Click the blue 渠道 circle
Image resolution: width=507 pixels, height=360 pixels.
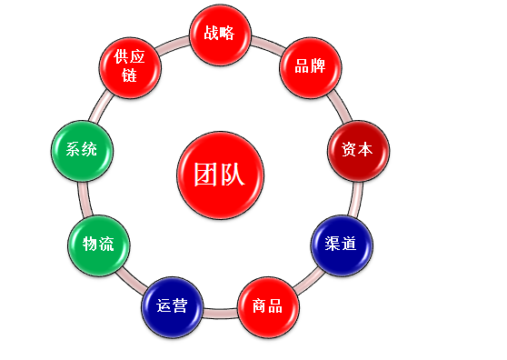[341, 243]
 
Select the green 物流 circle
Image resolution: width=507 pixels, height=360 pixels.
[97, 244]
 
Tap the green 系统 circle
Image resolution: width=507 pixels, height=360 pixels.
[81, 149]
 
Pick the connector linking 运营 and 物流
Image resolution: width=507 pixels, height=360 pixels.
[129, 281]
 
